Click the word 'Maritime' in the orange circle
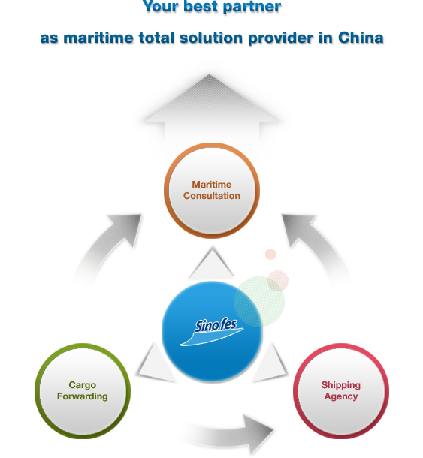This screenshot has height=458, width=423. [x=212, y=185]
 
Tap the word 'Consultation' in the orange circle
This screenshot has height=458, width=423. [x=212, y=196]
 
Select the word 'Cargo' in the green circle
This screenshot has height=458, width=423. [x=83, y=385]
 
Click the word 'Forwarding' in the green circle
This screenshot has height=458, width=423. [x=83, y=396]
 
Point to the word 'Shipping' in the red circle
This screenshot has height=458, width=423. [x=341, y=385]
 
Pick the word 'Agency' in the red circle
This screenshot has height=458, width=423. [x=341, y=396]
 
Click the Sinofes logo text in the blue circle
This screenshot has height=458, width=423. [x=216, y=325]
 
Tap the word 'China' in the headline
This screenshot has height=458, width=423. [x=361, y=38]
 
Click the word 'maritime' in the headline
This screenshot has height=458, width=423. [x=98, y=38]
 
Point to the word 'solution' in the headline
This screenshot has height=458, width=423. [x=211, y=38]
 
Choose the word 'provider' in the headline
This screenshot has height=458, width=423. [x=281, y=38]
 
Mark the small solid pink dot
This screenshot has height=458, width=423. [x=270, y=254]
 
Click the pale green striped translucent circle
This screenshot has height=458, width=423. [x=259, y=301]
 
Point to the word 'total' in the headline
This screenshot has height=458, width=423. [x=156, y=38]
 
